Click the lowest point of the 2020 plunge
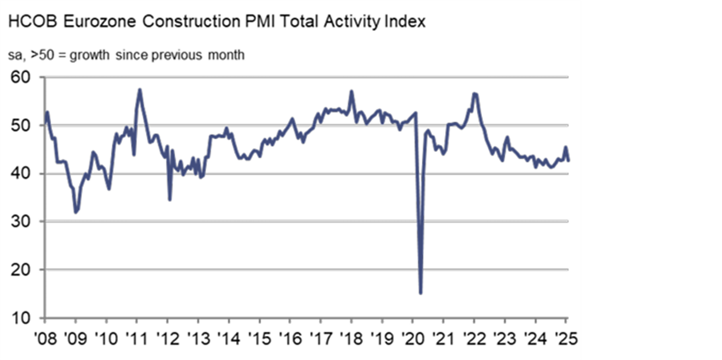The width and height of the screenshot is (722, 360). coord(421,293)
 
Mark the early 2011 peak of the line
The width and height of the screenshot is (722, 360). coord(139,89)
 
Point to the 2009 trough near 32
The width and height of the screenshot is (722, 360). coord(76,212)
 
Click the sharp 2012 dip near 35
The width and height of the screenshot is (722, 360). coord(170,199)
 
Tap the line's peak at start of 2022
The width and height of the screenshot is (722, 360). coord(474,93)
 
